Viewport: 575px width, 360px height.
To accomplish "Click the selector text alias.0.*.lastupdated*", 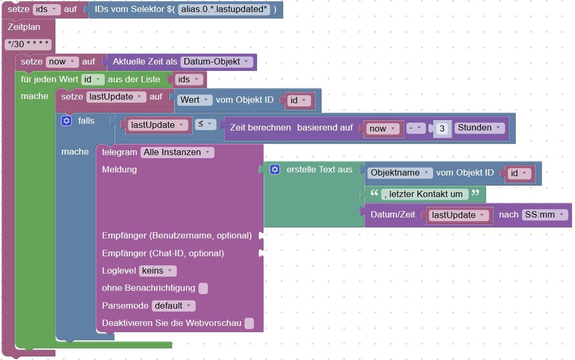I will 224,9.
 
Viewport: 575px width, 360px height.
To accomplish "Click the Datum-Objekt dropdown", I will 217,62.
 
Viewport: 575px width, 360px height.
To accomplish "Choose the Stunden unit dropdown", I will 480,128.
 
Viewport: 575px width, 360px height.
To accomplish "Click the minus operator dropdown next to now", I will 416,128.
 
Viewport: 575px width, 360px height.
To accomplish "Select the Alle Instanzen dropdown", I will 177,152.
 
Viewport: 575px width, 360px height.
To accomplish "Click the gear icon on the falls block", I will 66,121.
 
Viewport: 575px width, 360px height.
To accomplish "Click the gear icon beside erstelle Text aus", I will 275,169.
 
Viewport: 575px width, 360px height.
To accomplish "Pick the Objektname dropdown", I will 400,173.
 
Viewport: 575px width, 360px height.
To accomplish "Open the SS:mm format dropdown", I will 545,215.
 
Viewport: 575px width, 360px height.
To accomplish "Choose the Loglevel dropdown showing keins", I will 158,271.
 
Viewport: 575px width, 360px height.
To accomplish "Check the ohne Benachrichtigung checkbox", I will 203,288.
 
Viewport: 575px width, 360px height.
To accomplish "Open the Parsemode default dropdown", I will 173,306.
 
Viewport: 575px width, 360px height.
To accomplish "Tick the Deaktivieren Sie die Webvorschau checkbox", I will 249,323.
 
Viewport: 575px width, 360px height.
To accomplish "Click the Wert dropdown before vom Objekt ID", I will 195,100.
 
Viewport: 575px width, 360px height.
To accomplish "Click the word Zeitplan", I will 24,27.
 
